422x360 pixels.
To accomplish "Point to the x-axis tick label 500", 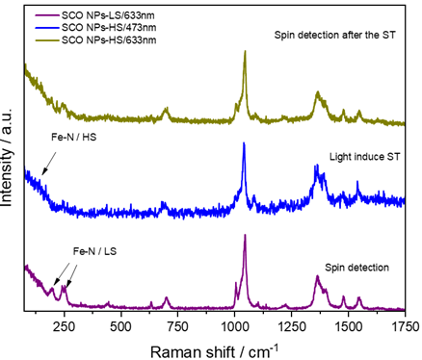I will [x=120, y=325].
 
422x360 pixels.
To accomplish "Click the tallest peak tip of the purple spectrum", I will [x=245, y=235].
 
